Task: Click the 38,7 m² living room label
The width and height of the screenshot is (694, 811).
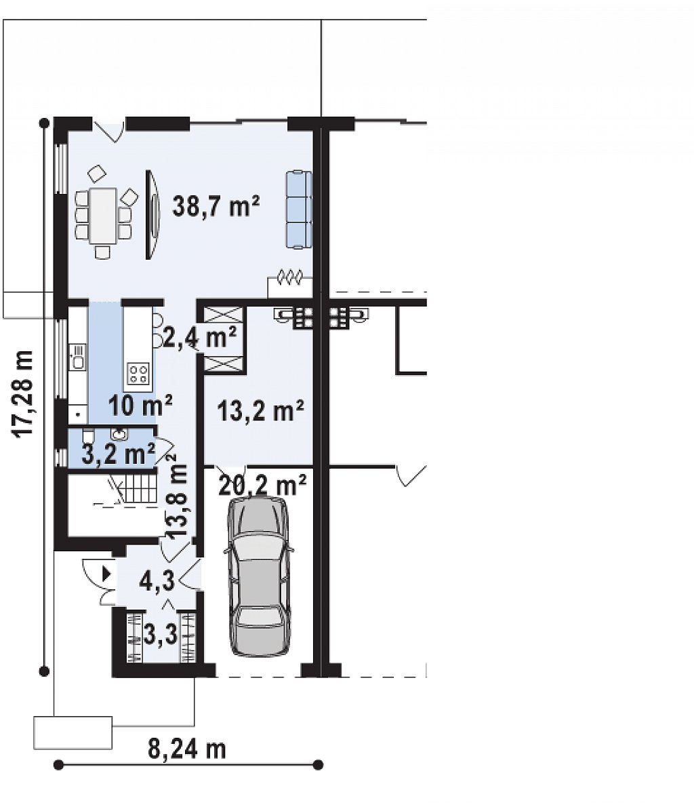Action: (216, 206)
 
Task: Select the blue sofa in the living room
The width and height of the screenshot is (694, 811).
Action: (299, 210)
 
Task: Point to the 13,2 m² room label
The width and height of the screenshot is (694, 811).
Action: (260, 411)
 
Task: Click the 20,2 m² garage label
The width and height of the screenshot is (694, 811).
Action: (262, 485)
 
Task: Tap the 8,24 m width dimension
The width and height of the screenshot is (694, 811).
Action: (186, 749)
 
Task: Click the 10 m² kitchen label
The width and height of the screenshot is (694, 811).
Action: (140, 405)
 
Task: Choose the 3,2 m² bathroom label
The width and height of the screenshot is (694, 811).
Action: (119, 454)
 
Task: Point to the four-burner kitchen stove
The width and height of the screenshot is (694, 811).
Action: (138, 374)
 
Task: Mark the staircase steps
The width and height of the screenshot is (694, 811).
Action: (138, 490)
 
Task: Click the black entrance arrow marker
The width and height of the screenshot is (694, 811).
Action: (107, 574)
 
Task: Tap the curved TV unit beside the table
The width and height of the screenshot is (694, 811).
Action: (152, 214)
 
